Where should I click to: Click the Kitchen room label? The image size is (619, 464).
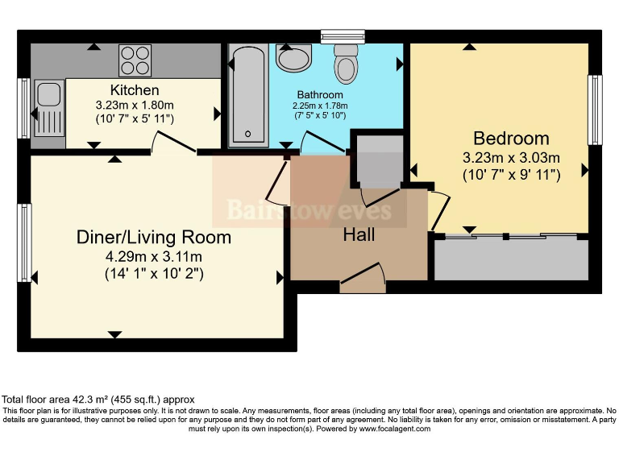135,90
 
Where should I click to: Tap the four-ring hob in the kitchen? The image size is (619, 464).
135,60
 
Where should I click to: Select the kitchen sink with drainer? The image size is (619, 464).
49,108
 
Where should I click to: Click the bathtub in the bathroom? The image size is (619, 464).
248,95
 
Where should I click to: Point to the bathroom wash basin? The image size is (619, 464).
293,58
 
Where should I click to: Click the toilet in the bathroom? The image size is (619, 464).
346,64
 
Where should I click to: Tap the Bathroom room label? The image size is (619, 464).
320,95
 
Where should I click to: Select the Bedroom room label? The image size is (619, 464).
511,139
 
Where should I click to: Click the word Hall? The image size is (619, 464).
359,234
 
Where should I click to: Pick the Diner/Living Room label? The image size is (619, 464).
154,237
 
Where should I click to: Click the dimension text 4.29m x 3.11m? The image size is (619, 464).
154,257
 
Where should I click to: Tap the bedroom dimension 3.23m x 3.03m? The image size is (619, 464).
511,158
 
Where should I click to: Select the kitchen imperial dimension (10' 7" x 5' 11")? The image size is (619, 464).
135,118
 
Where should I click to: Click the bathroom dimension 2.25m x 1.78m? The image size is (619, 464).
320,106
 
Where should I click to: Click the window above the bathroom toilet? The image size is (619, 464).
343,37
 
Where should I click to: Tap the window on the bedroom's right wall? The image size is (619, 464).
595,110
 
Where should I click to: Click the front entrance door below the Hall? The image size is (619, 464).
363,278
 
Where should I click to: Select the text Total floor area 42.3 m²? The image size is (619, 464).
56,400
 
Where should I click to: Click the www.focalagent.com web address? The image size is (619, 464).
394,429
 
